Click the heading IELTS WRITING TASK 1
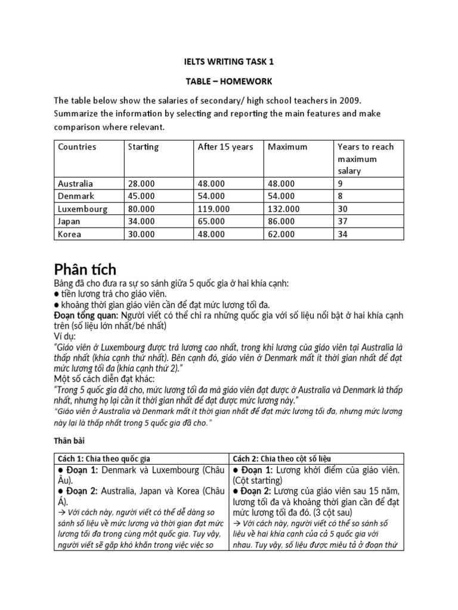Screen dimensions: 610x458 coord(228,61)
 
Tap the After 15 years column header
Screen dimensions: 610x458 coord(225,147)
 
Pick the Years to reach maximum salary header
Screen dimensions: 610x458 coord(366,159)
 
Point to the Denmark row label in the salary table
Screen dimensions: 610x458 coord(75,196)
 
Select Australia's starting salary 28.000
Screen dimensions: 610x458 coord(141,183)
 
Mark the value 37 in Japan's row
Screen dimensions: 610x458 coord(342,221)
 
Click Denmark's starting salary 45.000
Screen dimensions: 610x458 coord(141,196)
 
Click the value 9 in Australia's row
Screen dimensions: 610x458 coord(340,183)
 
